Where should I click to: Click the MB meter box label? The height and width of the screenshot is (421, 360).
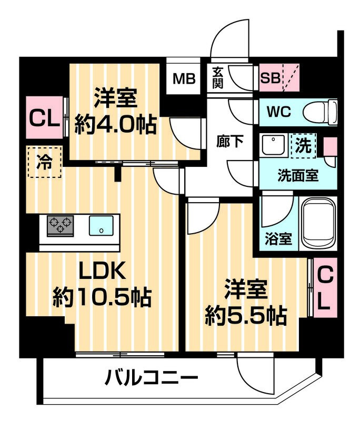pyautogui.click(x=185, y=79)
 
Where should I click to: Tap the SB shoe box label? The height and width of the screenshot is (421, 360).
pyautogui.click(x=271, y=79)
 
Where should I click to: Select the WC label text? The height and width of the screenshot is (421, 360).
pyautogui.click(x=279, y=112)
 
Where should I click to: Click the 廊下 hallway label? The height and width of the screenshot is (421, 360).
pyautogui.click(x=230, y=142)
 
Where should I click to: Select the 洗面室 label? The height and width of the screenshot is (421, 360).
pyautogui.click(x=298, y=175)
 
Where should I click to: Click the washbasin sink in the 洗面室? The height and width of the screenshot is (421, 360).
pyautogui.click(x=273, y=146)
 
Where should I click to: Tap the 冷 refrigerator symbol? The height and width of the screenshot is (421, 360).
pyautogui.click(x=44, y=163)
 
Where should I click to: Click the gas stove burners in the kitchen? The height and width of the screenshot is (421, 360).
pyautogui.click(x=61, y=226)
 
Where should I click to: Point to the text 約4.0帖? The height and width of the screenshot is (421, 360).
pyautogui.click(x=115, y=124)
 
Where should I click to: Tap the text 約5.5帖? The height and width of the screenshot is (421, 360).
pyautogui.click(x=246, y=315)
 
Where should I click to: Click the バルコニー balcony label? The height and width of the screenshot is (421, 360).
pyautogui.click(x=151, y=377)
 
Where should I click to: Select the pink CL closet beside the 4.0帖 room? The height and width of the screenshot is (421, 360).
pyautogui.click(x=43, y=118)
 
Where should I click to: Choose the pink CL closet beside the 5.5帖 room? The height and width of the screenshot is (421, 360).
pyautogui.click(x=325, y=288)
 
